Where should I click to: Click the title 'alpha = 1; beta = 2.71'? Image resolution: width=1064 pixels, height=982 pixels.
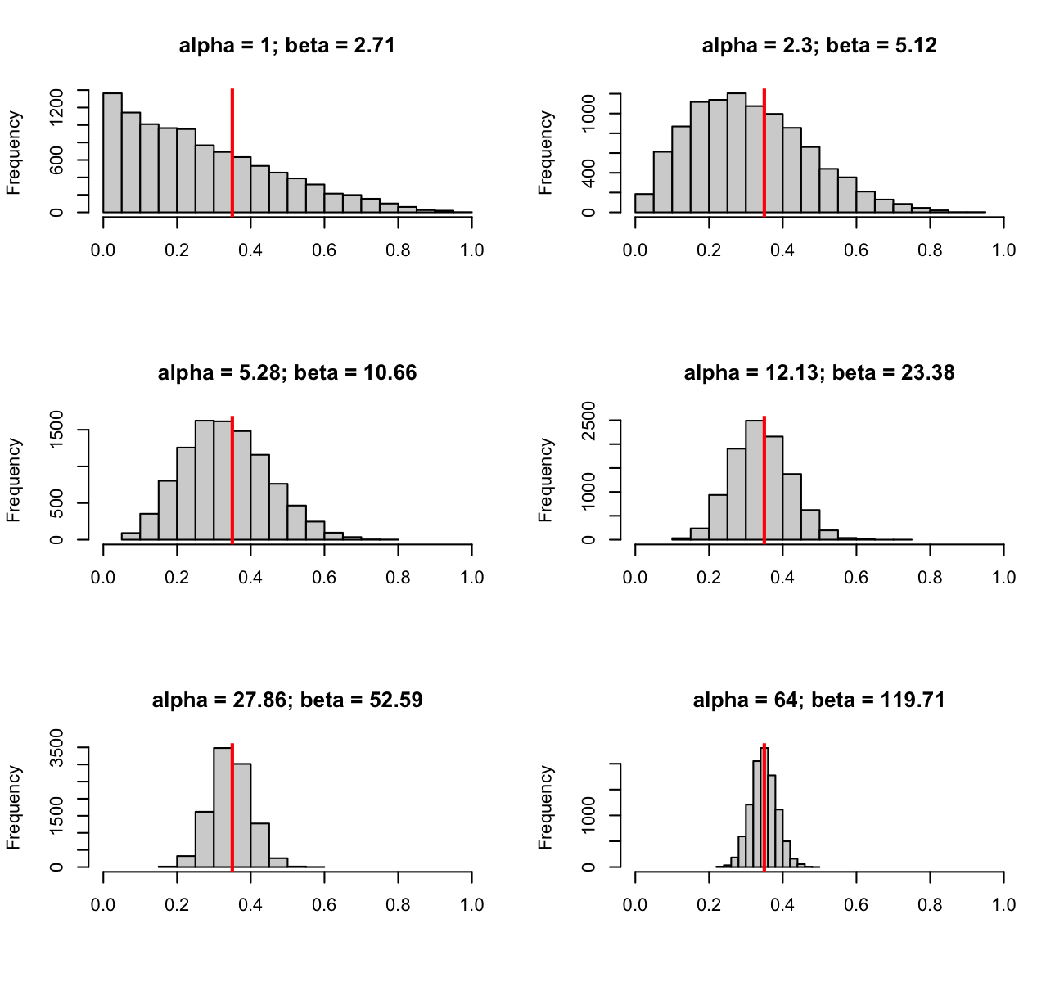pos(287,46)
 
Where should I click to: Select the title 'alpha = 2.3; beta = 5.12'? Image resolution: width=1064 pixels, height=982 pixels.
pos(819,46)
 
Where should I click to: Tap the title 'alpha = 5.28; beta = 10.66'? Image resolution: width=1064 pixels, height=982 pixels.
pos(287,373)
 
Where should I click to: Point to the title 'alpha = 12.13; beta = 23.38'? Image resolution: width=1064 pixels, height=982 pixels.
pos(819,373)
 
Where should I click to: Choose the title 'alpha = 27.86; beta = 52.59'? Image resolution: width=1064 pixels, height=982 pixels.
pos(287,700)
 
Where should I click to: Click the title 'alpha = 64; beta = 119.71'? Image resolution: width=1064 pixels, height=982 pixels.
pos(819,700)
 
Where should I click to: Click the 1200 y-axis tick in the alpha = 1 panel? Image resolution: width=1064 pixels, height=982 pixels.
pos(57,107)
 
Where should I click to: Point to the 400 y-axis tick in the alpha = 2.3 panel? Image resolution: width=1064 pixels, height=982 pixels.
pos(589,173)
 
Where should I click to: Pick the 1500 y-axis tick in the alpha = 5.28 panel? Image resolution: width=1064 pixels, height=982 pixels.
pos(57,430)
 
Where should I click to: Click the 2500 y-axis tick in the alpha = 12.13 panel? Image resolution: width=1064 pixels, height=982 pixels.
pos(589,421)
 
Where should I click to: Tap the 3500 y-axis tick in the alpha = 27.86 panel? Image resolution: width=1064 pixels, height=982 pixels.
pos(57,747)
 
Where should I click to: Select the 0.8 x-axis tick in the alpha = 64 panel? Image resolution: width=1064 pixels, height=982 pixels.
pos(930,905)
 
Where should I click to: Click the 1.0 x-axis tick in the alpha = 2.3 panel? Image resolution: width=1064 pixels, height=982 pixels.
pos(1003,250)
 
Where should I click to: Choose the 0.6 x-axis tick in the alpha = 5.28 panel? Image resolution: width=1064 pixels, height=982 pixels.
pos(324,578)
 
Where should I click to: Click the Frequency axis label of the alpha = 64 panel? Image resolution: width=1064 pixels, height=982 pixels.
pos(546,807)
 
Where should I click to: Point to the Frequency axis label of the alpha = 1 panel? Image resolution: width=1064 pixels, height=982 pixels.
pos(14,153)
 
